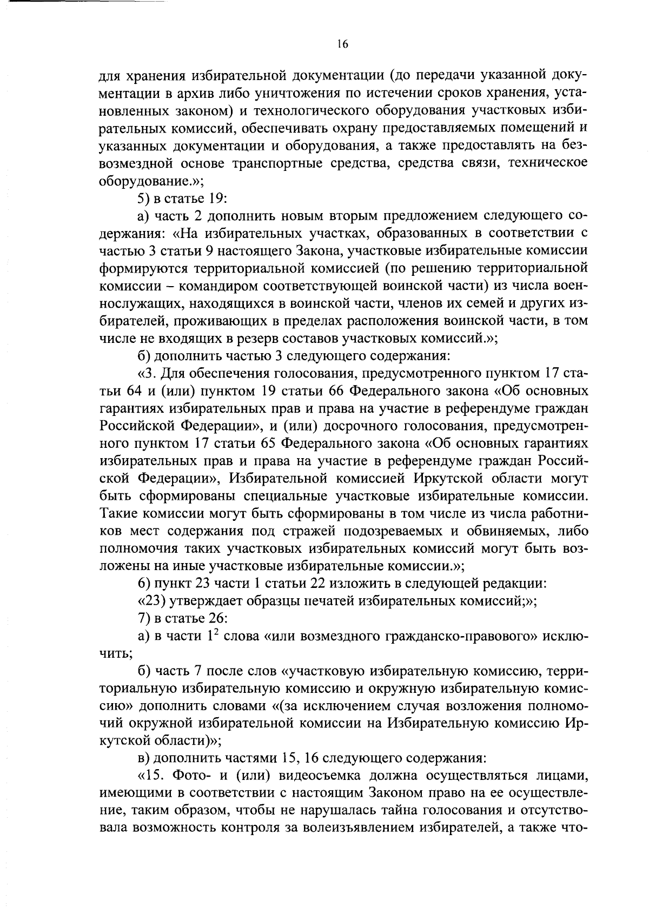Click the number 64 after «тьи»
pos(139,391)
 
